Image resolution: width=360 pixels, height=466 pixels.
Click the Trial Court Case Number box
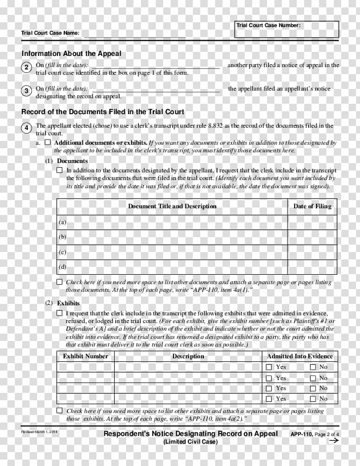[x=287, y=30]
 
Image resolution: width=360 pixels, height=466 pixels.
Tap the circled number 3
[x=27, y=91]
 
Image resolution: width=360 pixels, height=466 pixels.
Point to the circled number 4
[x=27, y=128]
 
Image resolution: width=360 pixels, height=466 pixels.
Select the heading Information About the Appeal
[x=71, y=53]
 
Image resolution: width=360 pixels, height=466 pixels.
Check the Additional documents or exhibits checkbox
[x=48, y=142]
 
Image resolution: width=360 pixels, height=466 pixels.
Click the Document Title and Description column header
[x=172, y=206]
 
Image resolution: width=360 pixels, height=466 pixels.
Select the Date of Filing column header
[x=313, y=206]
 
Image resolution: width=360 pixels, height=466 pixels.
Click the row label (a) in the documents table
[x=62, y=222]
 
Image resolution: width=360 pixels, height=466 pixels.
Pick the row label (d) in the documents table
[x=62, y=267]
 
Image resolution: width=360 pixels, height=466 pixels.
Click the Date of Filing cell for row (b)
[x=313, y=237]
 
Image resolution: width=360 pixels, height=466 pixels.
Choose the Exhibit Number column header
[x=85, y=356]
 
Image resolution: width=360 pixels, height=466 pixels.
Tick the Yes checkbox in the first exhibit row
[x=269, y=367]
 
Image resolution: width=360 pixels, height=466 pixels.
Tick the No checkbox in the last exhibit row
[x=313, y=399]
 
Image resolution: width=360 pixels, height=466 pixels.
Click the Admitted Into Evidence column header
[x=300, y=356]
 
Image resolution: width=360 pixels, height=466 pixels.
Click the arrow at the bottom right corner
[x=333, y=441]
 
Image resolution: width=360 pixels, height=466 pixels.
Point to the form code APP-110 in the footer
[x=302, y=434]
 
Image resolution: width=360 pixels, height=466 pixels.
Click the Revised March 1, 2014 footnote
[x=39, y=432]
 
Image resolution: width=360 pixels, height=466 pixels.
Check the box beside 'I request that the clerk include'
[x=60, y=313]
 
